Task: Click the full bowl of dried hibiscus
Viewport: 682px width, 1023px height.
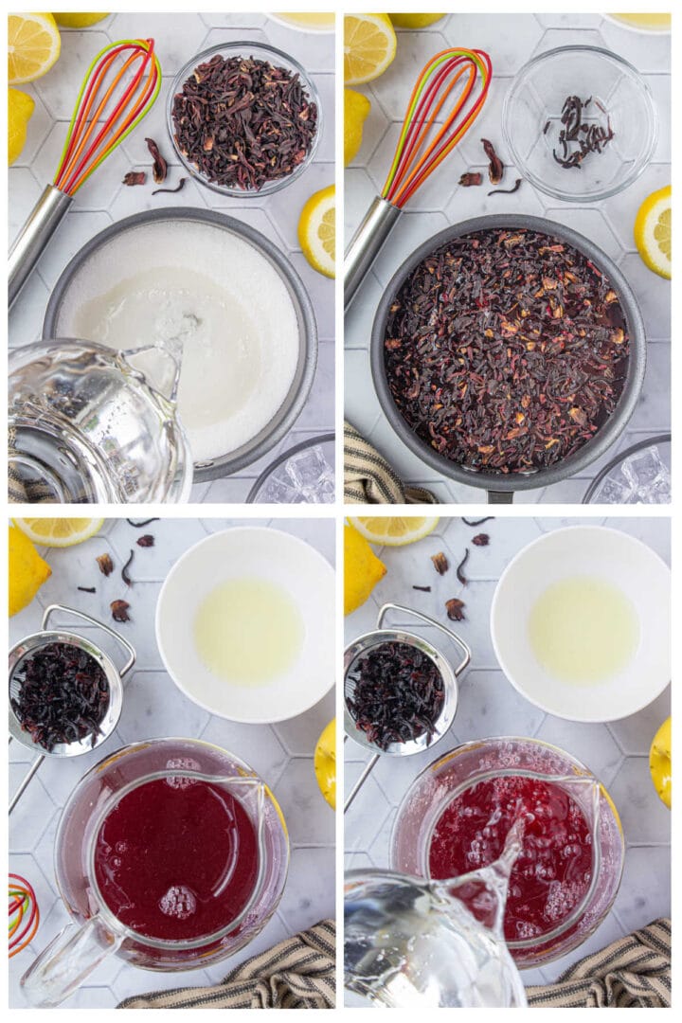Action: click(243, 119)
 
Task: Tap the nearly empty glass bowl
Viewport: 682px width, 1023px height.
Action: click(579, 123)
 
